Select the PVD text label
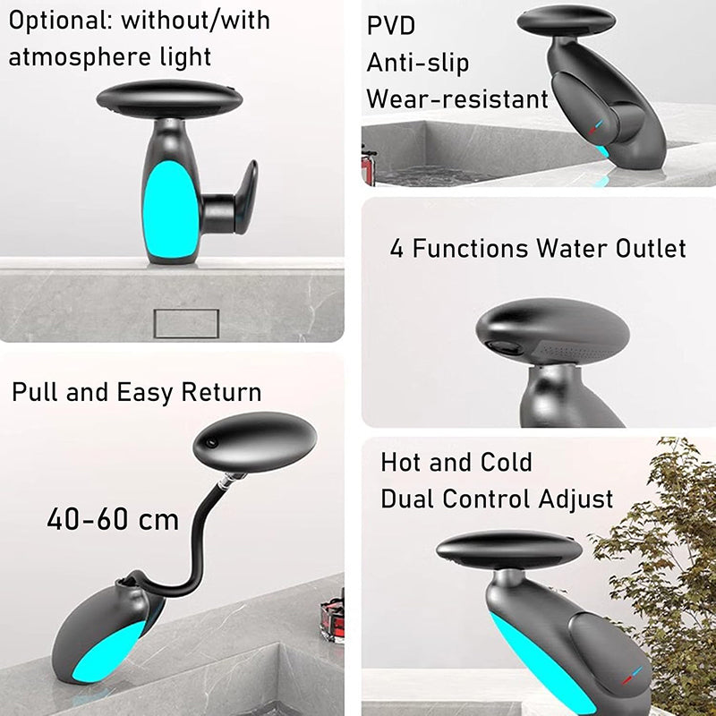click(391, 26)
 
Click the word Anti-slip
click(418, 63)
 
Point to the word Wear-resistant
click(457, 98)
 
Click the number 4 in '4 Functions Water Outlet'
click(396, 248)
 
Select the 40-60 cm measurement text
click(113, 519)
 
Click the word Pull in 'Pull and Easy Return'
click(36, 392)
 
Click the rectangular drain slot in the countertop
click(186, 323)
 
